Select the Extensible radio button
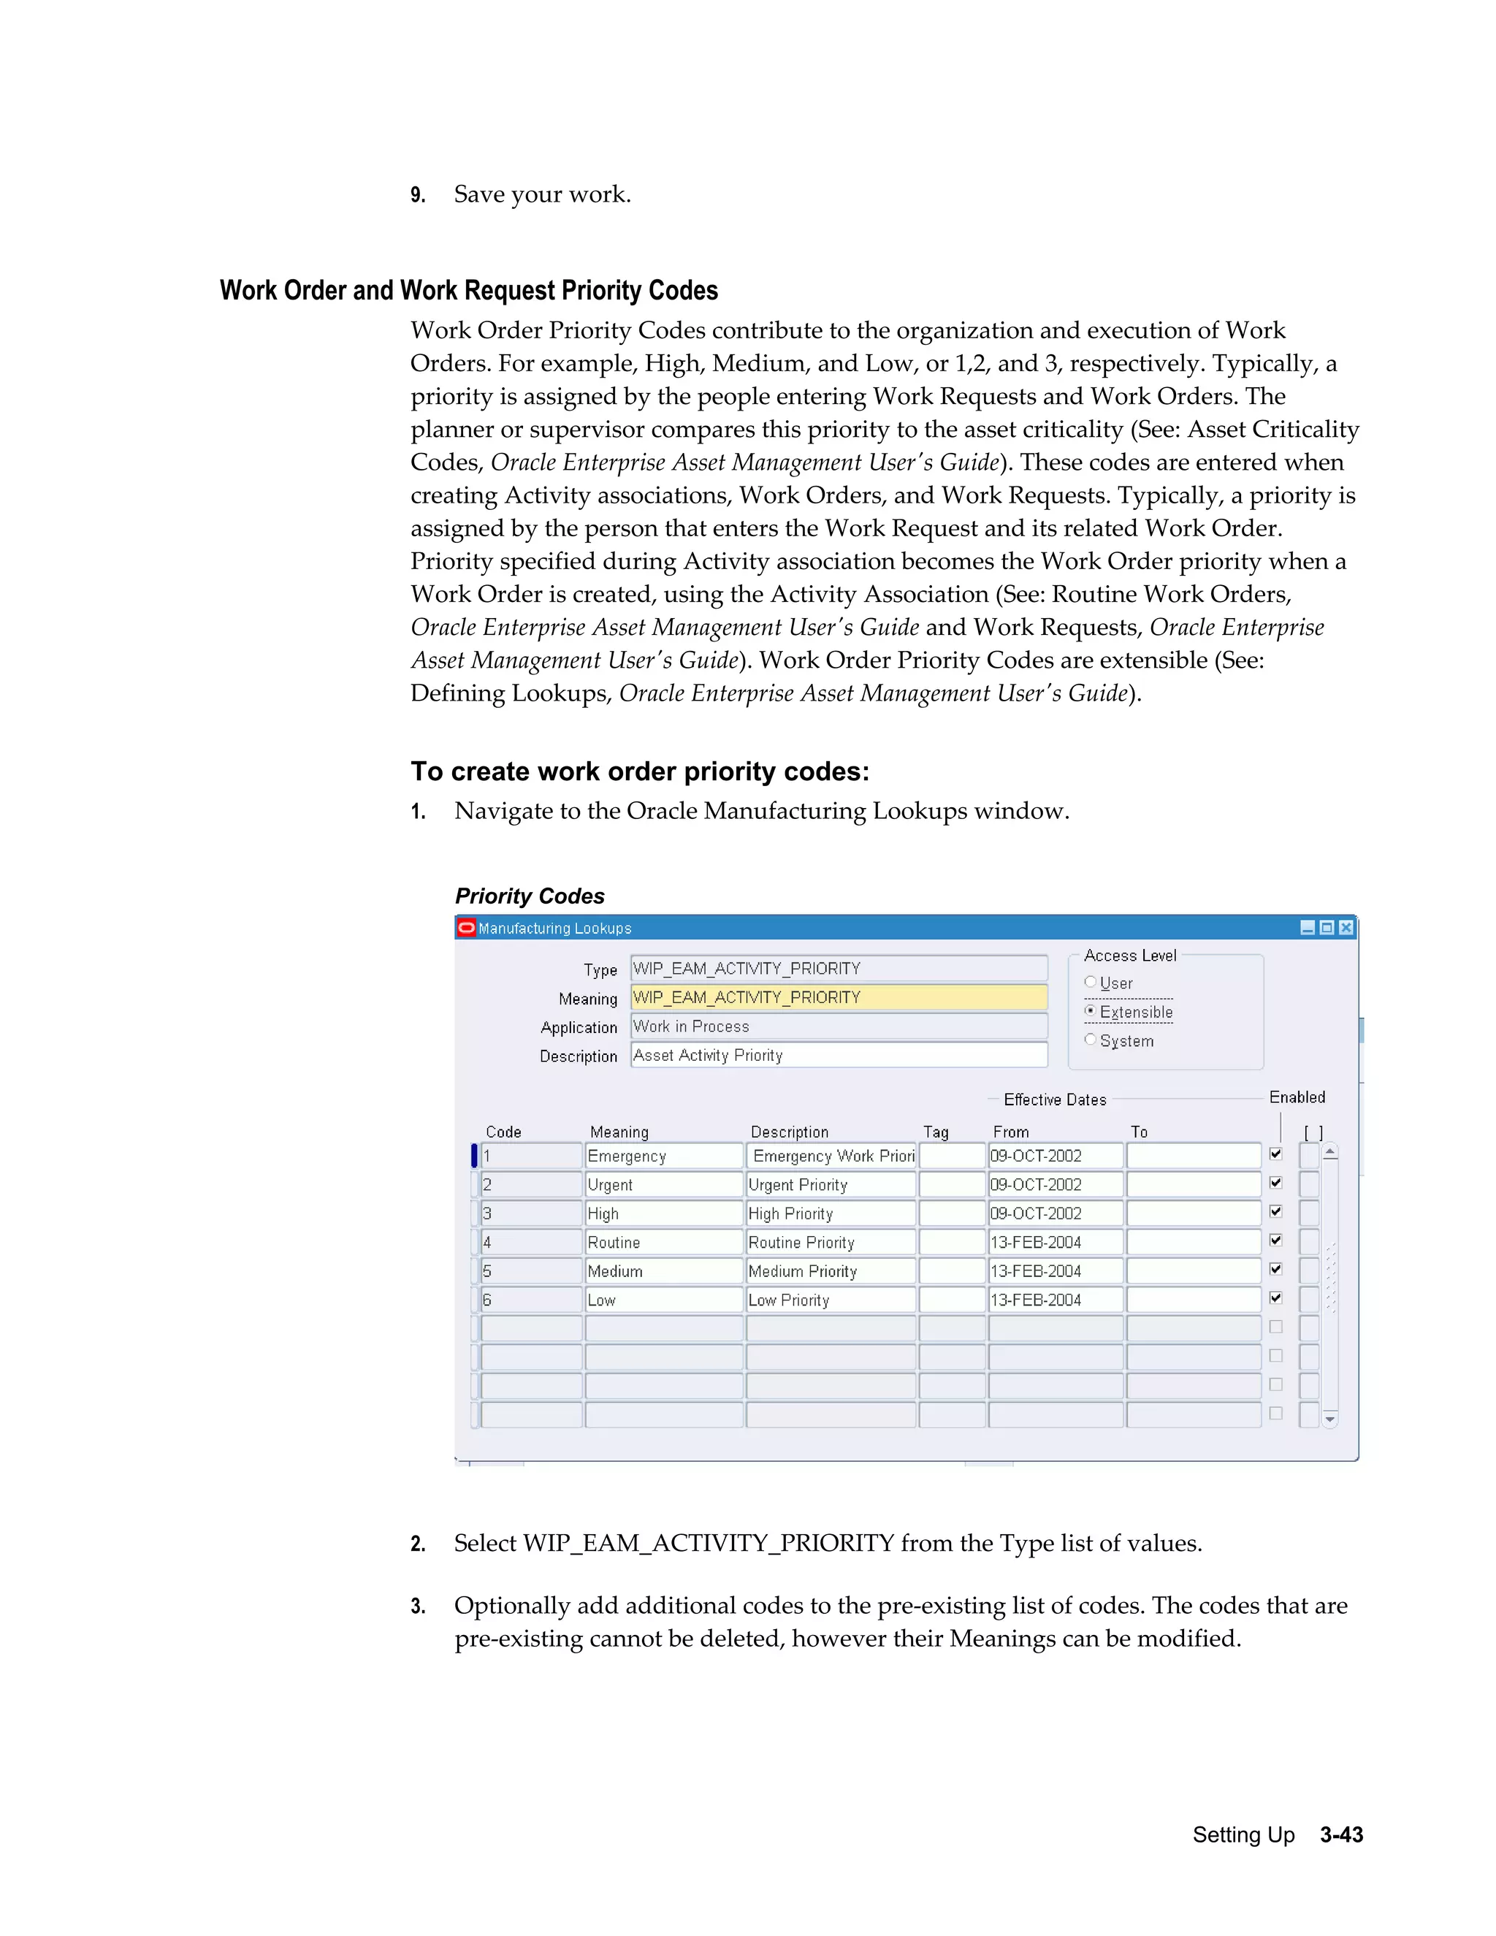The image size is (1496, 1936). pos(1090,1011)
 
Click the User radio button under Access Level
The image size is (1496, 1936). pos(1090,982)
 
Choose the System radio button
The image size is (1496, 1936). pos(1090,1040)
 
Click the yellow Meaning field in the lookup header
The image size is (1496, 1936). pos(838,997)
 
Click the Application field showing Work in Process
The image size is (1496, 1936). pos(838,1026)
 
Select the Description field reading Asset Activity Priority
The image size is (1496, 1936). pos(838,1055)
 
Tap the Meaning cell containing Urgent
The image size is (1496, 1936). pos(663,1185)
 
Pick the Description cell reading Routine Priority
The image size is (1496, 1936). pos(831,1243)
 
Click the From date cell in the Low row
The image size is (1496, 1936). pos(1055,1300)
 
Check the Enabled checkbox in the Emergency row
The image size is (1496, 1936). pos(1275,1154)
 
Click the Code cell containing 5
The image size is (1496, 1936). pos(530,1271)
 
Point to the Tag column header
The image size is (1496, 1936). pos(936,1132)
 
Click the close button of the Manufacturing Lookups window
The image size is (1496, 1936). pos(1346,927)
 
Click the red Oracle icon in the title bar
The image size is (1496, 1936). pos(466,927)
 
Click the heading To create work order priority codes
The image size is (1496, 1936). pos(640,771)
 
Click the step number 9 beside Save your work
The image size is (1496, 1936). pos(417,195)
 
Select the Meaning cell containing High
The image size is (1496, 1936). pos(663,1213)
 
